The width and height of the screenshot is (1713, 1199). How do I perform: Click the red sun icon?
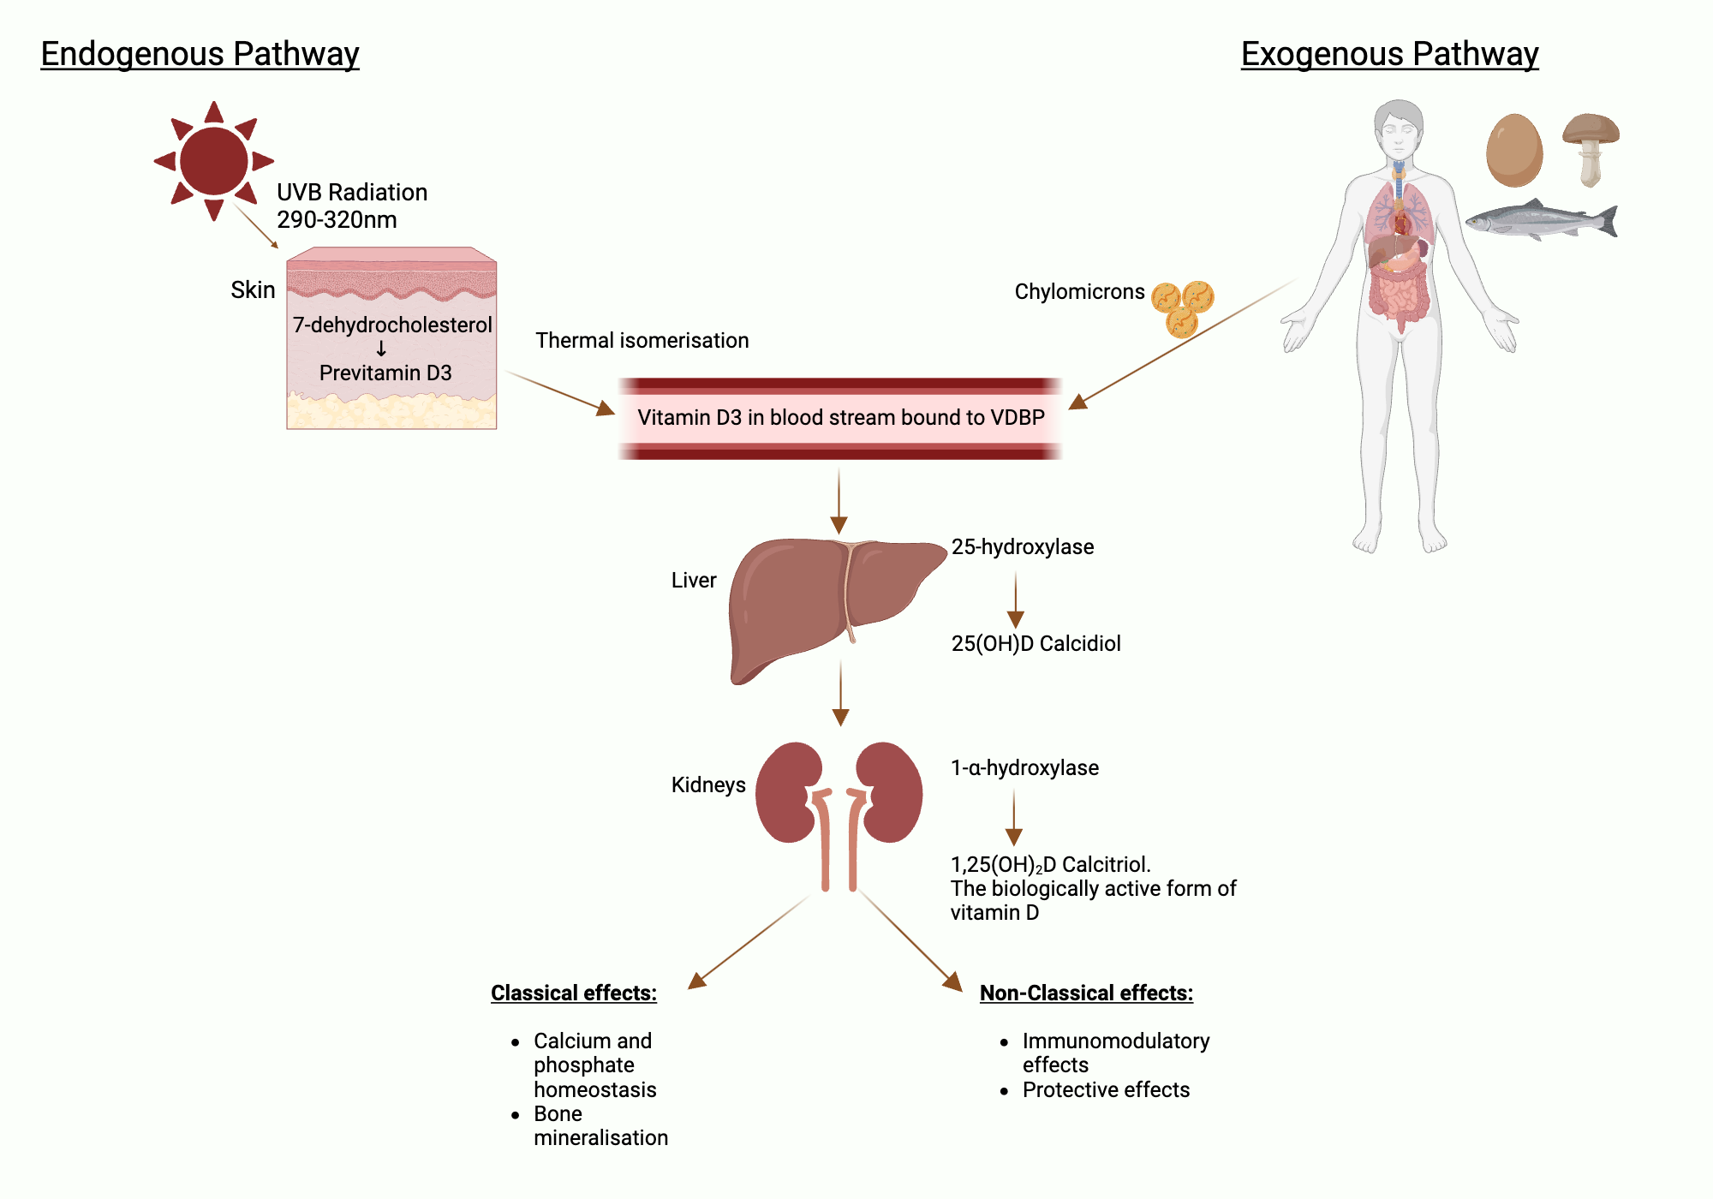(214, 161)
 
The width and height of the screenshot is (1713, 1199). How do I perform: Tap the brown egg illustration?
(1514, 151)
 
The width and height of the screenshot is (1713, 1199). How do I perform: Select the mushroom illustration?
(1591, 146)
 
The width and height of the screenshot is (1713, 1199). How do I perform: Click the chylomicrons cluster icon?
(1183, 307)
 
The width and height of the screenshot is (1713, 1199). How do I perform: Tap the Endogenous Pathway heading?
(200, 54)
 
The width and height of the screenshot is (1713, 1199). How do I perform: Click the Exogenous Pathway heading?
(1389, 54)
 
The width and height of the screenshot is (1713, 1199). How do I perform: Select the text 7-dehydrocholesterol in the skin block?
(392, 325)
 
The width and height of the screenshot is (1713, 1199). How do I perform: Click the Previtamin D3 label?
(385, 373)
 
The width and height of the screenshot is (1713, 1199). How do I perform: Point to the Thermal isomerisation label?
(642, 341)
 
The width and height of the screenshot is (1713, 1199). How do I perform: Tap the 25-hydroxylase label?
(1023, 547)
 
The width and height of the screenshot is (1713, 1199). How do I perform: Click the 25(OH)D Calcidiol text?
(1036, 644)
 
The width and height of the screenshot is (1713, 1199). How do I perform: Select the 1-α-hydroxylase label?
(1024, 768)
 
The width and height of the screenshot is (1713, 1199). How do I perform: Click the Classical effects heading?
(573, 993)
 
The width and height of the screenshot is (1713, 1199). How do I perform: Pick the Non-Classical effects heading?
(1086, 993)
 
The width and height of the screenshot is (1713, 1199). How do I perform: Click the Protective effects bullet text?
(1106, 1090)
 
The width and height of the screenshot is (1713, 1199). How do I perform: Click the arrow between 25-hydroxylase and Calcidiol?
(1016, 599)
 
